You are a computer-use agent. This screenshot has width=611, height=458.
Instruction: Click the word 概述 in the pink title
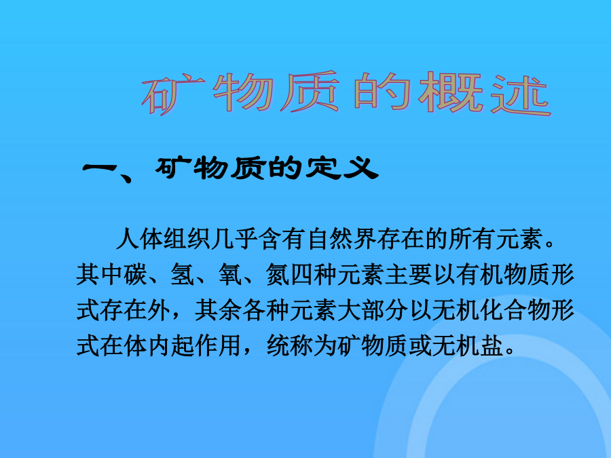tap(485, 94)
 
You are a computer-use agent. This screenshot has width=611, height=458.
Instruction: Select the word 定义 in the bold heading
tap(341, 169)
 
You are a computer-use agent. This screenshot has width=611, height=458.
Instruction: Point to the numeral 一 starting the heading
tap(99, 168)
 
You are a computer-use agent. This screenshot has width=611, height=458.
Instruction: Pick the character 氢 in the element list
tap(183, 274)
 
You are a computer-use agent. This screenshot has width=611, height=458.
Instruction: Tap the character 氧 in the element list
tap(230, 274)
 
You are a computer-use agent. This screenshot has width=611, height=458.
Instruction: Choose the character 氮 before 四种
tap(278, 274)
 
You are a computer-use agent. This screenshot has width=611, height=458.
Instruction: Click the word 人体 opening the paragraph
tap(139, 238)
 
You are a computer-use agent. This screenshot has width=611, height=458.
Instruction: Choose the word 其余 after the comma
tap(218, 310)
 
